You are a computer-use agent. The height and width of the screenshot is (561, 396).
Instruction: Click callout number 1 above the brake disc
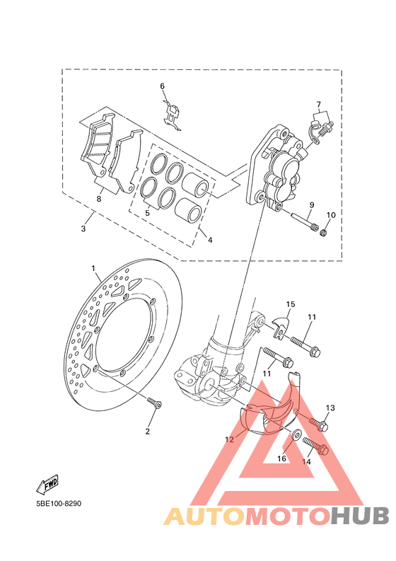point(93,269)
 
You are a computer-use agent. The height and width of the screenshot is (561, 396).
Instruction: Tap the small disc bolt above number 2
point(155,403)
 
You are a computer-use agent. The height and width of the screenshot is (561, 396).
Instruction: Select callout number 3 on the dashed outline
point(83,229)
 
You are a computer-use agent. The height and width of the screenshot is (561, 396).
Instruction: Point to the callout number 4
point(209,240)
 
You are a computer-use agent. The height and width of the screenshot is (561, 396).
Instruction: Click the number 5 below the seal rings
point(147,212)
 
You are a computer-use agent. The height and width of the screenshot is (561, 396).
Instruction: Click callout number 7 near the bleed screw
point(319,104)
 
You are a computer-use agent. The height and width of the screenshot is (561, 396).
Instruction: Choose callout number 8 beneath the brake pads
point(99,199)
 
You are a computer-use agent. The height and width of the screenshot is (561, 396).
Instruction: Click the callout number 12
point(229,439)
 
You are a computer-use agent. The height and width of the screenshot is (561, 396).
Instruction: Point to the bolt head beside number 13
point(322,425)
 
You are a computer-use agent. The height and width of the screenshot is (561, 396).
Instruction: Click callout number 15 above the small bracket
point(290,305)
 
